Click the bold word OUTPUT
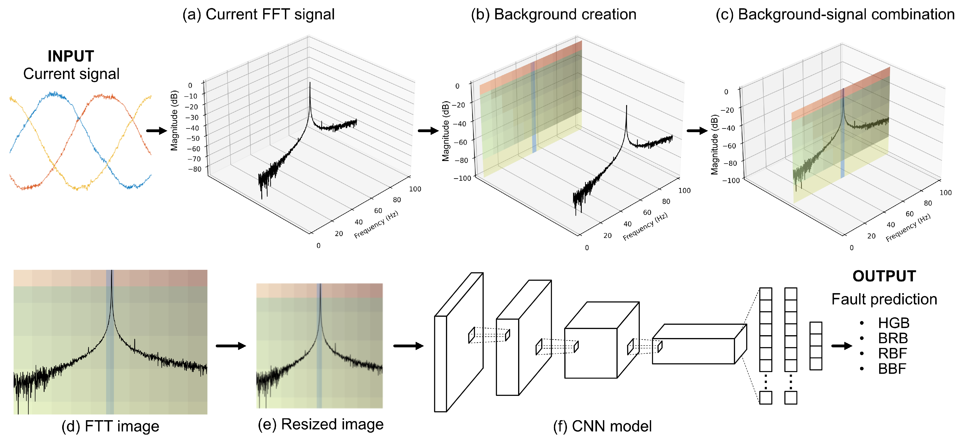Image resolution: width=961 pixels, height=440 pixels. [x=884, y=276]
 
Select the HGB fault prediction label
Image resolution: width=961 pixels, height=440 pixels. [x=894, y=323]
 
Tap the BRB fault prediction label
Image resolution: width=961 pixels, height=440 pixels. [x=893, y=338]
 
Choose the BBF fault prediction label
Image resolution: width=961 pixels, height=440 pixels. [x=892, y=369]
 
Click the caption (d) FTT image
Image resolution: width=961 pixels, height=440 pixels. [x=110, y=426]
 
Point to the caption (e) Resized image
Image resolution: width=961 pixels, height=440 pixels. [x=320, y=424]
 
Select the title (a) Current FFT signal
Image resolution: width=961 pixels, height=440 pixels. [x=258, y=15]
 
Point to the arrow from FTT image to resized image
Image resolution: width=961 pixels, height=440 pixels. [x=231, y=346]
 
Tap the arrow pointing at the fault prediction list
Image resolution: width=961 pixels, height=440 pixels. [x=841, y=346]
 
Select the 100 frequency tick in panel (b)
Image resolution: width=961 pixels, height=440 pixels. [x=684, y=190]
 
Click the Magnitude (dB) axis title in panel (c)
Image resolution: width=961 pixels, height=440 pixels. [x=714, y=144]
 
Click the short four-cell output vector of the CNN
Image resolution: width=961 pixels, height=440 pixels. [x=815, y=346]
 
